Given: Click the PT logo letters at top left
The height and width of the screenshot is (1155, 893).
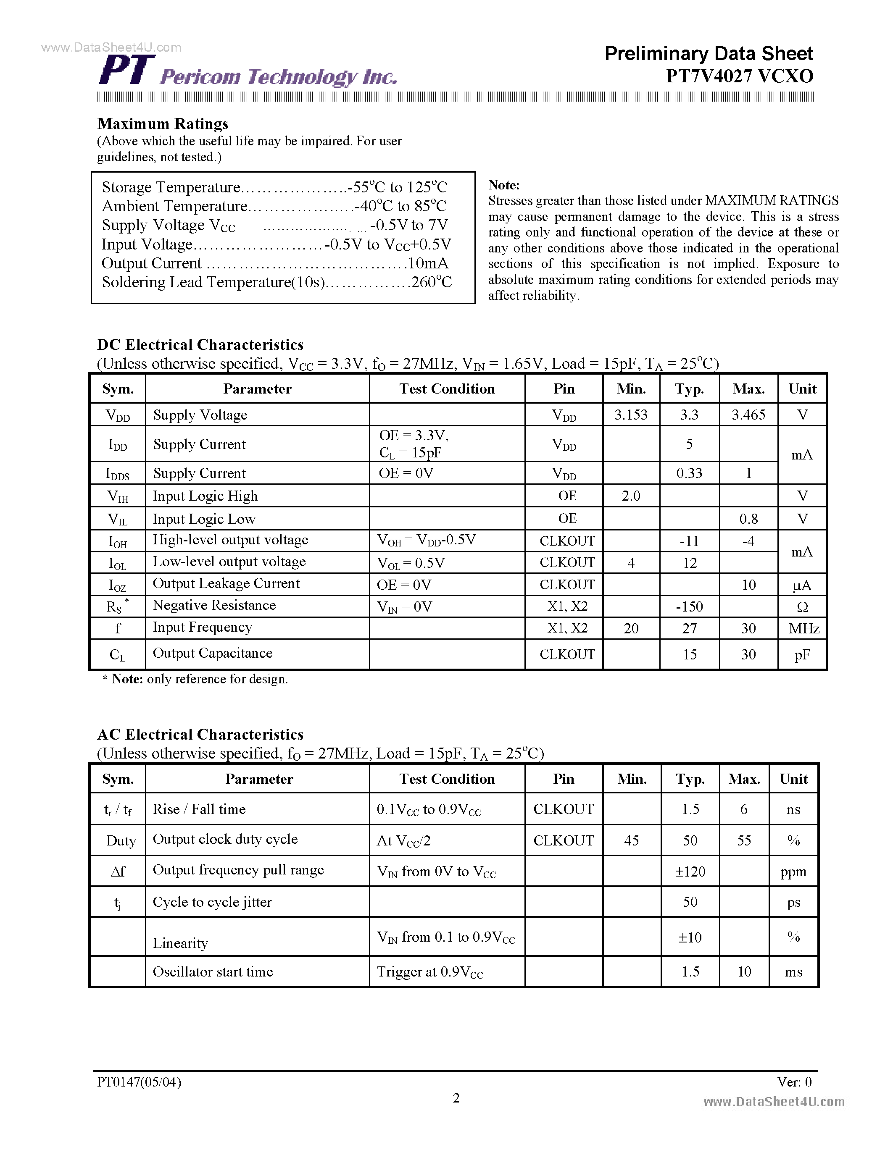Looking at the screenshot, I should [127, 70].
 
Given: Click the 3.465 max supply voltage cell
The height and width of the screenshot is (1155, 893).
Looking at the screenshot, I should [748, 415].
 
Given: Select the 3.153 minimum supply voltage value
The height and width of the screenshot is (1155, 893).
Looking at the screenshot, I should [631, 415].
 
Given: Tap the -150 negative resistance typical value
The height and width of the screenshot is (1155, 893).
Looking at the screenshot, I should [689, 606].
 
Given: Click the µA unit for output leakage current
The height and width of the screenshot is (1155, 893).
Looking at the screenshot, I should [802, 585].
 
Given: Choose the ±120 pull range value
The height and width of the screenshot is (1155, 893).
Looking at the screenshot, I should [690, 871].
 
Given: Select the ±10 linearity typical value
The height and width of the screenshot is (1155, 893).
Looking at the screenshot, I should [690, 937].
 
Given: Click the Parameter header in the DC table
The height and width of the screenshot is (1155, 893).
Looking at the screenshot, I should [257, 388].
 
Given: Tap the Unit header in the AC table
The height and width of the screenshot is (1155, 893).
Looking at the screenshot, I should [793, 779].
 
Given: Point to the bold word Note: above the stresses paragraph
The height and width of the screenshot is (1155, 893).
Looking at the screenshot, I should [503, 184].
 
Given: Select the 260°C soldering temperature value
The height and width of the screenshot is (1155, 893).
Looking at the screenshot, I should [431, 282].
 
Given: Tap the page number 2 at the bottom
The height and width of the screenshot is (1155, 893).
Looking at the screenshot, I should [456, 1098].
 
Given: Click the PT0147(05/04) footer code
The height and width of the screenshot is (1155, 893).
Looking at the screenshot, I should [139, 1082].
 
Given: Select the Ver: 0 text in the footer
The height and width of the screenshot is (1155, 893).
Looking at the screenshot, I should [794, 1082].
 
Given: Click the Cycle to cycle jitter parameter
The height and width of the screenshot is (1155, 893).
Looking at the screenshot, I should [212, 902].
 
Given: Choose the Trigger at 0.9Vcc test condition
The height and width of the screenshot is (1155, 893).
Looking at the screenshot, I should [429, 972].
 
